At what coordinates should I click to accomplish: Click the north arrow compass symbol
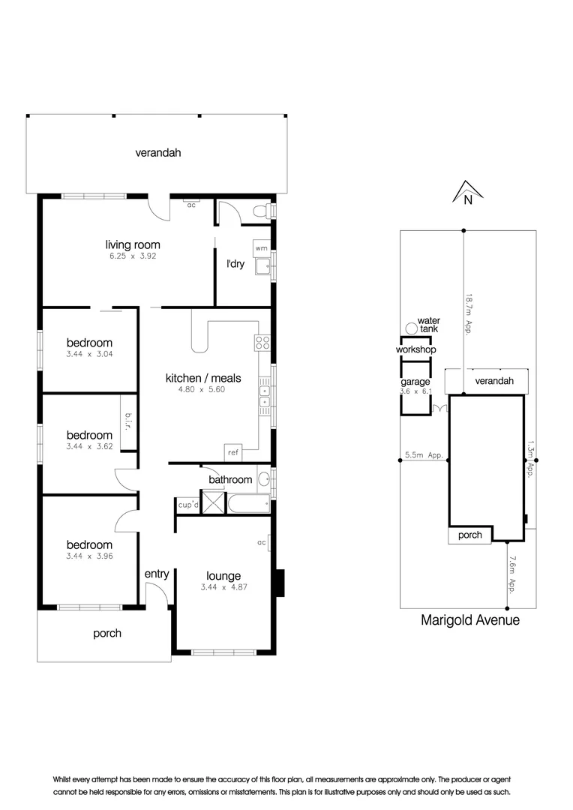(466, 192)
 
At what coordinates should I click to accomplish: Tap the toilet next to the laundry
(260, 213)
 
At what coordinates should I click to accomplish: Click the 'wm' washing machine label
(261, 247)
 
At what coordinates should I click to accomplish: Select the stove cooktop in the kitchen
(262, 343)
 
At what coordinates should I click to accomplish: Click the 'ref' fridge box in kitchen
(232, 453)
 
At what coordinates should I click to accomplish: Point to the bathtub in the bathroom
(248, 504)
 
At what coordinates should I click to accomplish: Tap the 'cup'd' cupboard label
(187, 505)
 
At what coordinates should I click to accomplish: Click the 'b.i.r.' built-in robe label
(128, 425)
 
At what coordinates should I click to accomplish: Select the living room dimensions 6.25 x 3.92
(132, 256)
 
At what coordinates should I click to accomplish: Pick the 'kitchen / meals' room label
(195, 378)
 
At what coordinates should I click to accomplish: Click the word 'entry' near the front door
(157, 574)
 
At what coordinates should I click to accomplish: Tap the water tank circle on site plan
(410, 328)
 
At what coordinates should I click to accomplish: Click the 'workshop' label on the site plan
(416, 350)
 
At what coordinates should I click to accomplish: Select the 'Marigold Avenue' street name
(469, 620)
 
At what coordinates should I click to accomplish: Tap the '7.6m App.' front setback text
(511, 574)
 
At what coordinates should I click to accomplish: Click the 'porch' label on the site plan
(469, 535)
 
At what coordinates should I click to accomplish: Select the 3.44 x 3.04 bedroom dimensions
(88, 353)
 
